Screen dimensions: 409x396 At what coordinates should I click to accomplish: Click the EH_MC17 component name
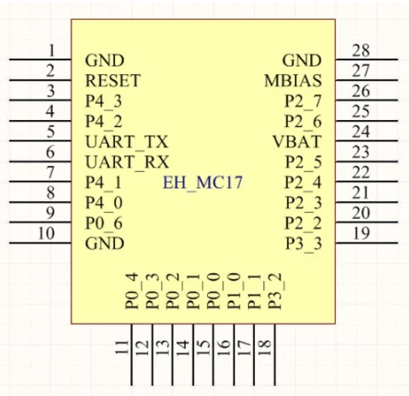pyautogui.click(x=203, y=183)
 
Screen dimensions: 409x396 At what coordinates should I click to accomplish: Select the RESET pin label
pyautogui.click(x=112, y=81)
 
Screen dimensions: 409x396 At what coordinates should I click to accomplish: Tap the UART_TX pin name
pyautogui.click(x=127, y=142)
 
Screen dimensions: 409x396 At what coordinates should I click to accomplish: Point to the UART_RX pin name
pyautogui.click(x=127, y=163)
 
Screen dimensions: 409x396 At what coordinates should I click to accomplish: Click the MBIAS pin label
pyautogui.click(x=293, y=81)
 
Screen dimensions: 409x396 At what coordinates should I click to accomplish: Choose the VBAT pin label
pyautogui.click(x=297, y=141)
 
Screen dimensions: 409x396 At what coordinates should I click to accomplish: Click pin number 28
pyautogui.click(x=361, y=51)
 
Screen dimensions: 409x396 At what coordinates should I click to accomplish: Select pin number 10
pyautogui.click(x=46, y=233)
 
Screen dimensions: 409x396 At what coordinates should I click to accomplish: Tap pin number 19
pyautogui.click(x=361, y=233)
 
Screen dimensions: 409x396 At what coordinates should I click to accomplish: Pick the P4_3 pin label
pyautogui.click(x=104, y=101)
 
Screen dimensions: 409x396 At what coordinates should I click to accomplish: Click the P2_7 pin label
pyautogui.click(x=303, y=101)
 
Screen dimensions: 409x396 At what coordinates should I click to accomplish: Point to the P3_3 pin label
pyautogui.click(x=303, y=244)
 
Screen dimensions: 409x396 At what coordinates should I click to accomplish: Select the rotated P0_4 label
pyautogui.click(x=132, y=291)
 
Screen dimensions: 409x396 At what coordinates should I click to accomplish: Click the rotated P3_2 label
pyautogui.click(x=276, y=291)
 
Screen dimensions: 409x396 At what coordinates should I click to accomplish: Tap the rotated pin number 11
pyautogui.click(x=122, y=347)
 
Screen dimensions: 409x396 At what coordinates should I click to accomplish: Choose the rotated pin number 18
pyautogui.click(x=264, y=347)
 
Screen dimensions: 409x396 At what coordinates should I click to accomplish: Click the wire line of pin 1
pyautogui.click(x=40, y=60)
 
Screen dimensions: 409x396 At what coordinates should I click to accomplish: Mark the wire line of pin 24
pyautogui.click(x=366, y=141)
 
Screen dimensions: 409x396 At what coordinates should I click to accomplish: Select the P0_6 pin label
pyautogui.click(x=104, y=224)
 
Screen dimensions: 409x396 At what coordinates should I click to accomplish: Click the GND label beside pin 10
pyautogui.click(x=105, y=244)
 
